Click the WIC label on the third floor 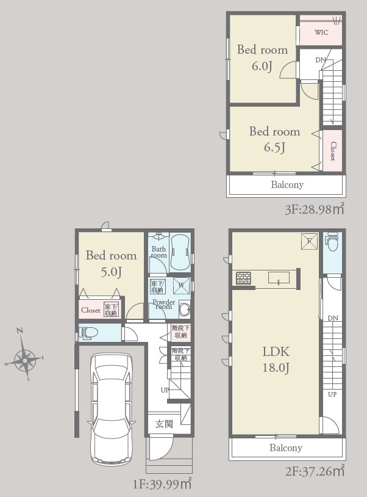click(321, 32)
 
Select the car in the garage click(112, 409)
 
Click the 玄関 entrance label click(164, 424)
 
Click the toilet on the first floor click(88, 333)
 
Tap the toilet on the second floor click(332, 242)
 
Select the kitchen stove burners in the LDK click(243, 278)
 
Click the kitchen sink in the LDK click(279, 278)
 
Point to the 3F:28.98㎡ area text click(314, 209)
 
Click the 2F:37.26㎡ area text click(315, 471)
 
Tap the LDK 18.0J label click(276, 360)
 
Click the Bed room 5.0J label click(112, 263)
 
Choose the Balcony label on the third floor click(287, 184)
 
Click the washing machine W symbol click(181, 285)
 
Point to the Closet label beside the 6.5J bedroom click(333, 151)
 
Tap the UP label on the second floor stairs click(332, 394)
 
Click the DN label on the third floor click(321, 60)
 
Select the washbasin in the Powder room click(185, 308)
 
